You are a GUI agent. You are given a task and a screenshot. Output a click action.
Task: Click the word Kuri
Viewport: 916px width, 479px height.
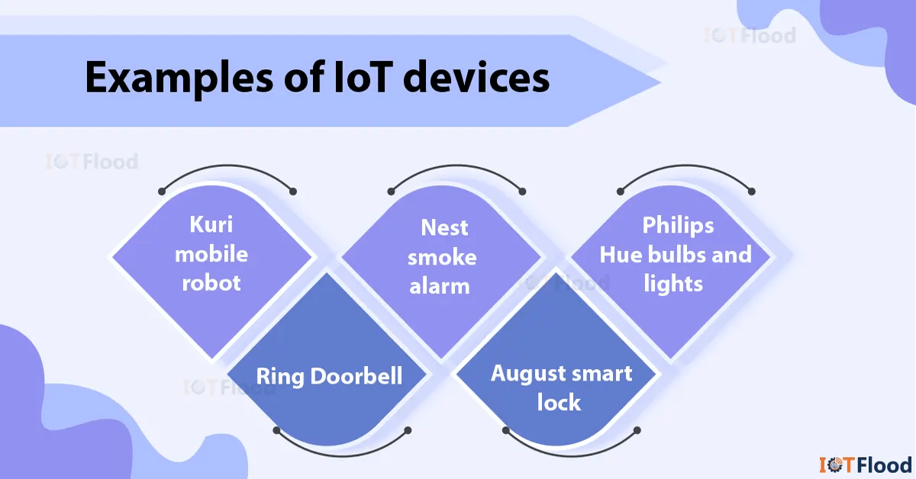[x=211, y=225]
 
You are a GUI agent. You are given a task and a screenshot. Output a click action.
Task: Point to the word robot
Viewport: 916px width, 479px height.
[x=211, y=283]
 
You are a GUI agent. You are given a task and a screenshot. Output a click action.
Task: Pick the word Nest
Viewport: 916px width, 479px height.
[x=443, y=227]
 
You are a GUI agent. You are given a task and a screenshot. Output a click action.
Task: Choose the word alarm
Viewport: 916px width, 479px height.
[x=439, y=285]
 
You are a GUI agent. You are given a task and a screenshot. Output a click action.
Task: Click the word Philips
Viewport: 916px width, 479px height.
[x=678, y=225]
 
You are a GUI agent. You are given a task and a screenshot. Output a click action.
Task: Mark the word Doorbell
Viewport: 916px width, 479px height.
[x=356, y=375]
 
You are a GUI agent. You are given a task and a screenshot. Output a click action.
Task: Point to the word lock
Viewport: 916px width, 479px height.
[x=559, y=402]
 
